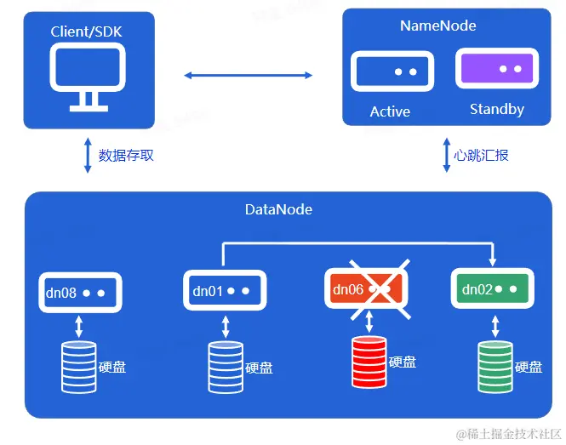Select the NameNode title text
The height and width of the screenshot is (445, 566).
(437, 26)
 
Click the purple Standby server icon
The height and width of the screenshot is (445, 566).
(497, 69)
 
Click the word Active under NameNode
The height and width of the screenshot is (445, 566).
(390, 111)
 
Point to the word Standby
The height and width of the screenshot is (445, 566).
(497, 110)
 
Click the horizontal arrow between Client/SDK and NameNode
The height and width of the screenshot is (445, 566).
(249, 76)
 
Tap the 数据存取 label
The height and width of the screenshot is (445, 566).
(126, 156)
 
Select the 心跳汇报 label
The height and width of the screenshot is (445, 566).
(482, 156)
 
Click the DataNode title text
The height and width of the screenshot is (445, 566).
(278, 208)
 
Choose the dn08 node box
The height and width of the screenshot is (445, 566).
(78, 292)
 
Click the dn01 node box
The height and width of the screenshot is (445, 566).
(225, 291)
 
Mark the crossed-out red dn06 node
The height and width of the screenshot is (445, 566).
(369, 289)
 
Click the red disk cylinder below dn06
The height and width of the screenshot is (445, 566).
(369, 363)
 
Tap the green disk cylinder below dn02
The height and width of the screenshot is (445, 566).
(495, 366)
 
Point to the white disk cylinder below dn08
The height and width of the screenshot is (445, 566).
(78, 366)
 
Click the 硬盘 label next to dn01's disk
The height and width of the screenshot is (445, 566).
(260, 368)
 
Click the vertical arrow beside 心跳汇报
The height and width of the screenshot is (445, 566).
(446, 156)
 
